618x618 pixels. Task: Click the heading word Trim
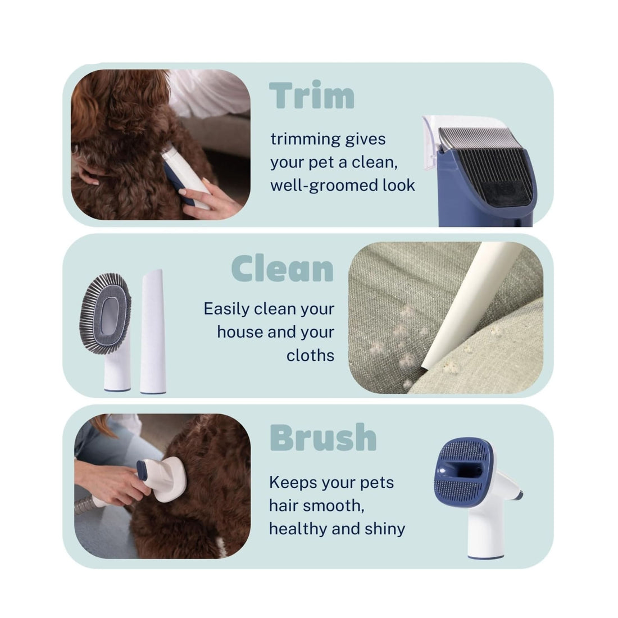312,95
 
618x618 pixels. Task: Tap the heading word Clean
282,268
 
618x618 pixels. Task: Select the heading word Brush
323,437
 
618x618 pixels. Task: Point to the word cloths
310,356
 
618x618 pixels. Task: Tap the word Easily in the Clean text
226,310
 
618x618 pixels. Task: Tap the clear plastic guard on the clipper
435,144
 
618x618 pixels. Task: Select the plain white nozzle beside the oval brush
153,331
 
